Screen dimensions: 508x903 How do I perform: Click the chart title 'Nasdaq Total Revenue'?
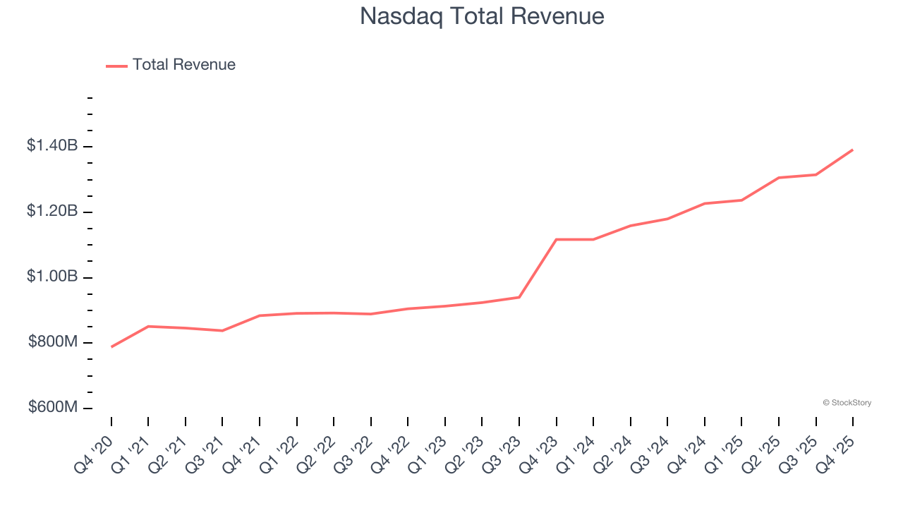[482, 16]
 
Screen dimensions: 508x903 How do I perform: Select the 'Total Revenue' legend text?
[183, 65]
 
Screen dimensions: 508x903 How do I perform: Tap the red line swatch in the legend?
[116, 66]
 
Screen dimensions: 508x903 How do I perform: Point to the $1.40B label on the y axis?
[52, 146]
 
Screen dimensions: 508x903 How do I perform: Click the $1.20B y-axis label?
[52, 212]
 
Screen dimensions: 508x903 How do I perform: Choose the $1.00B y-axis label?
[52, 277]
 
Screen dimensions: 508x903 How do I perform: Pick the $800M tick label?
[53, 342]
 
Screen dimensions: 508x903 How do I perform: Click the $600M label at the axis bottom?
[53, 408]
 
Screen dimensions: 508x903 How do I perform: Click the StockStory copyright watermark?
[847, 403]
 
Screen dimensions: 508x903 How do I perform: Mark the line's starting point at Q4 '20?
[111, 347]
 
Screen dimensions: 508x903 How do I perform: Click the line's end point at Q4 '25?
[853, 150]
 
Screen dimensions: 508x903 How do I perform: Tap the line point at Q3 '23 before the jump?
[519, 297]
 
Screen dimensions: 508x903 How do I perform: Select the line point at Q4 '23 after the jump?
[557, 239]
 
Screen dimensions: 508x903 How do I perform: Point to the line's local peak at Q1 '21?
[148, 326]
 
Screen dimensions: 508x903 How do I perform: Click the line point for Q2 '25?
[779, 178]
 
